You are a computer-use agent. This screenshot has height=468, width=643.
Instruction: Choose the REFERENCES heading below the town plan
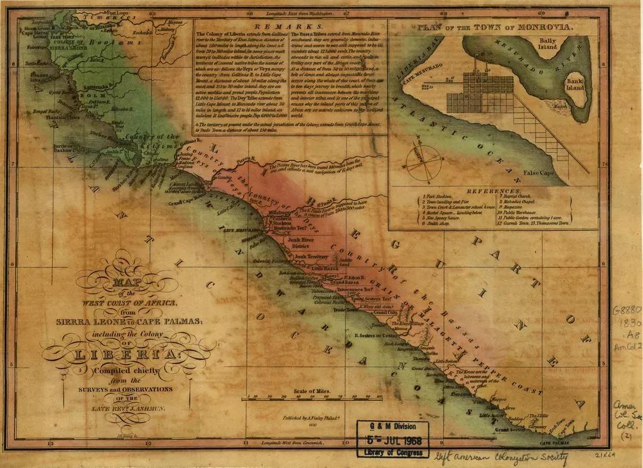coord(494,190)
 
